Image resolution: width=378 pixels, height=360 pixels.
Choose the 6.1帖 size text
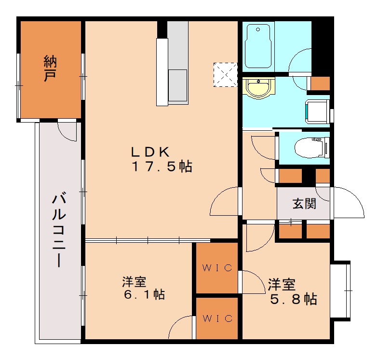(x=143, y=294)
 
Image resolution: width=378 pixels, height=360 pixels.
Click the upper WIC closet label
(x=217, y=268)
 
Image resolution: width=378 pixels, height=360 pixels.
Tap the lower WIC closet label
(x=217, y=318)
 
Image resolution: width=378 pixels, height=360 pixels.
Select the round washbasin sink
(x=259, y=88)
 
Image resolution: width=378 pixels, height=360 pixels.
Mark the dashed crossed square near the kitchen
(x=226, y=75)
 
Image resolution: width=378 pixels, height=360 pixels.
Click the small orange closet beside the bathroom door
(x=319, y=83)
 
